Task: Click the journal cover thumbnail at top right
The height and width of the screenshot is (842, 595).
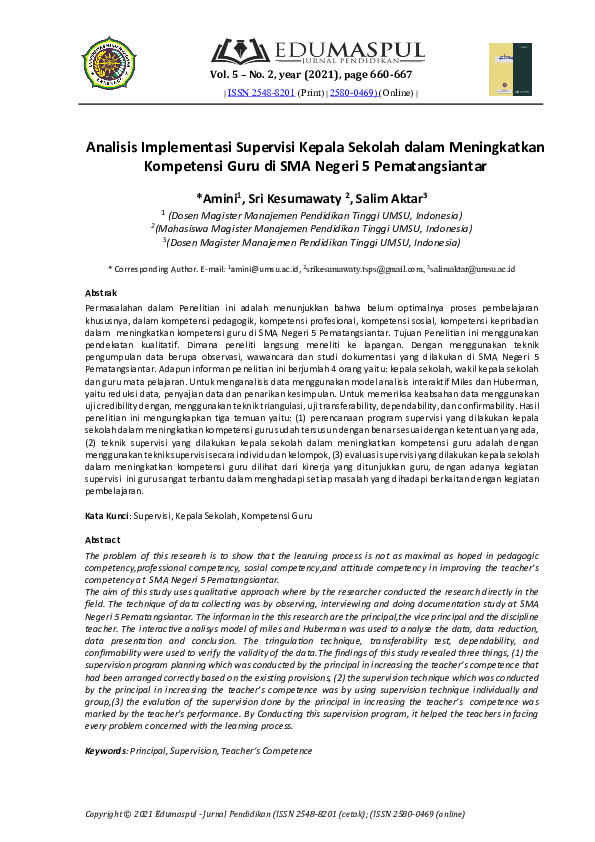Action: click(502, 70)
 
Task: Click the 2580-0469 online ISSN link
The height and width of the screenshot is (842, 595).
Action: click(352, 93)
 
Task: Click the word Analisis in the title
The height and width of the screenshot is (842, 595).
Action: click(118, 147)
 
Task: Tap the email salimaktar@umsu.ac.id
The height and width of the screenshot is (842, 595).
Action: click(473, 269)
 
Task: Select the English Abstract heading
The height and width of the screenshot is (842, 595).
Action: click(105, 540)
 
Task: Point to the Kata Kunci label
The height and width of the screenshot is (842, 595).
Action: click(107, 516)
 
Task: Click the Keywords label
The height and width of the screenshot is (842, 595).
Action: click(106, 750)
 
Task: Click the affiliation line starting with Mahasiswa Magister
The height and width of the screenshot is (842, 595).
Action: click(311, 228)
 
